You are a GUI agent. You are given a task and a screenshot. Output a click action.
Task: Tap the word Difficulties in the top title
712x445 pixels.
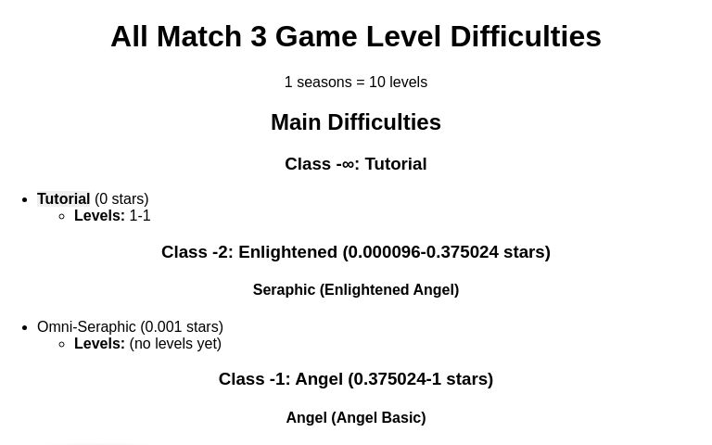tap(525, 37)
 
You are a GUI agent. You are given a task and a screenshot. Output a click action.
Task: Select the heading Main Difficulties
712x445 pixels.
tap(356, 122)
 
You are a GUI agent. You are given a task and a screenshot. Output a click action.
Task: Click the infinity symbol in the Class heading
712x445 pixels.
tap(348, 164)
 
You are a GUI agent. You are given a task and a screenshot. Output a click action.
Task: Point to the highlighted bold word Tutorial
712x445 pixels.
tap(63, 198)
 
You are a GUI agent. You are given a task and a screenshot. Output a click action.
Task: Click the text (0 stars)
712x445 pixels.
tap(121, 198)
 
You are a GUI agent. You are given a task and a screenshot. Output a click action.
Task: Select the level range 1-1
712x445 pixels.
tap(140, 216)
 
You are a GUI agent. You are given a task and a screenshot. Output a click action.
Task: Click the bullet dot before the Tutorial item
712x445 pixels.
tap(24, 199)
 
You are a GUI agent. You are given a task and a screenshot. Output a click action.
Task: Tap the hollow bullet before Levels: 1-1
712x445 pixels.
tap(61, 216)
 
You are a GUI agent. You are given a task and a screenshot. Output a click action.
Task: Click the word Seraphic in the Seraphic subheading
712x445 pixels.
tap(284, 290)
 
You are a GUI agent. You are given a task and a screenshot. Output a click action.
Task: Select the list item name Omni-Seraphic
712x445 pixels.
tap(86, 327)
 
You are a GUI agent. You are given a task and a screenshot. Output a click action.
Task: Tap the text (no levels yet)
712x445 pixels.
tap(175, 344)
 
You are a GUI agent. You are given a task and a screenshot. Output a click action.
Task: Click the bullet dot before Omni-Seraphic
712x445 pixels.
tap(24, 327)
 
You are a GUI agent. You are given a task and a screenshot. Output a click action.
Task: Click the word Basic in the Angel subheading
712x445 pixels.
tap(401, 418)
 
